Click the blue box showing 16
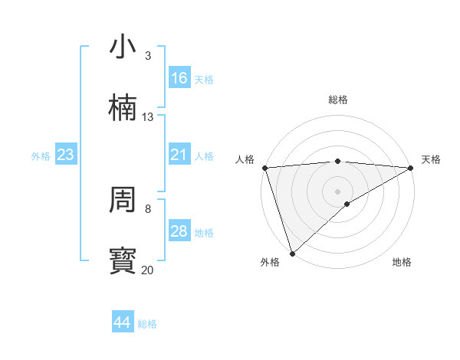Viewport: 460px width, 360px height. [179, 78]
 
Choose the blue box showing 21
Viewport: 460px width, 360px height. [179, 155]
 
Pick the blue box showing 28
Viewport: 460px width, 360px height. [179, 231]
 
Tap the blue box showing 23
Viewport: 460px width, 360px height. [65, 155]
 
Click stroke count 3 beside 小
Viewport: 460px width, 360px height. [148, 56]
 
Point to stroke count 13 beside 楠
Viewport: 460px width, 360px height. [148, 117]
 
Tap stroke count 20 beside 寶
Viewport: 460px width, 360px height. [148, 270]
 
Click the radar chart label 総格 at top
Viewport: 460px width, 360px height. [338, 100]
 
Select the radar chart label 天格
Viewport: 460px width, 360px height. [431, 159]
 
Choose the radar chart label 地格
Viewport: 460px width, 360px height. [402, 262]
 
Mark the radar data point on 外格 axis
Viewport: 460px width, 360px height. [292, 254]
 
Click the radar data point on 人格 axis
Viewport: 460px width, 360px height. [264, 168]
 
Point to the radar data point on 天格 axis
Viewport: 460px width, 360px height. [411, 168]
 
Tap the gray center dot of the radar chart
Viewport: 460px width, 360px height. [338, 191]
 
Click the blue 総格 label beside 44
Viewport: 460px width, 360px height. [147, 324]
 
